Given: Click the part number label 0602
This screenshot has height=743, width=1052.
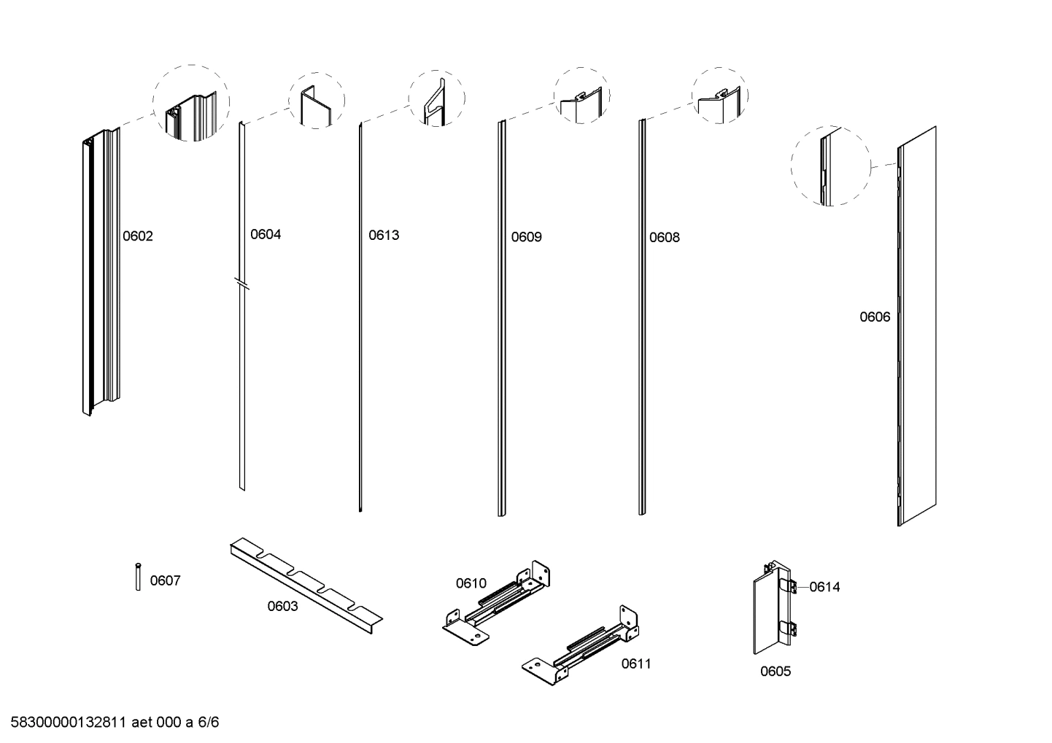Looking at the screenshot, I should pyautogui.click(x=137, y=236).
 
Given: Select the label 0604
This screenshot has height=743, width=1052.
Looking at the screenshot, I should pyautogui.click(x=266, y=234).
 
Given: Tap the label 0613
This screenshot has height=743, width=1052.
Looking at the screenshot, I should pyautogui.click(x=384, y=235).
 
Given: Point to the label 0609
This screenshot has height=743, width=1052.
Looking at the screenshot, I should pyautogui.click(x=526, y=237).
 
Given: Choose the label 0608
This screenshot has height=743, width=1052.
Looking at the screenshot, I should pyautogui.click(x=665, y=237).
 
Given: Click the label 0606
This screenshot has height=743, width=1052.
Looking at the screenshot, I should pyautogui.click(x=875, y=316).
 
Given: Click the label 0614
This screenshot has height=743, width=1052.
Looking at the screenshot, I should pyautogui.click(x=824, y=587).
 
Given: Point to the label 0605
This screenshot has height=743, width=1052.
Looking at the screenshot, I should pyautogui.click(x=776, y=672).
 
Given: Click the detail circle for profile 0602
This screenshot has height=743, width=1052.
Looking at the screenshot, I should pyautogui.click(x=191, y=103).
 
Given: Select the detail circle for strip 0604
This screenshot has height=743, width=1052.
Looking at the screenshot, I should pyautogui.click(x=317, y=101).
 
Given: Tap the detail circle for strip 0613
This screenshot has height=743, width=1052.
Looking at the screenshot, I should pyautogui.click(x=436, y=99).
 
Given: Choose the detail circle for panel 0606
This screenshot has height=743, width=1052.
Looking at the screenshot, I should pyautogui.click(x=831, y=166).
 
